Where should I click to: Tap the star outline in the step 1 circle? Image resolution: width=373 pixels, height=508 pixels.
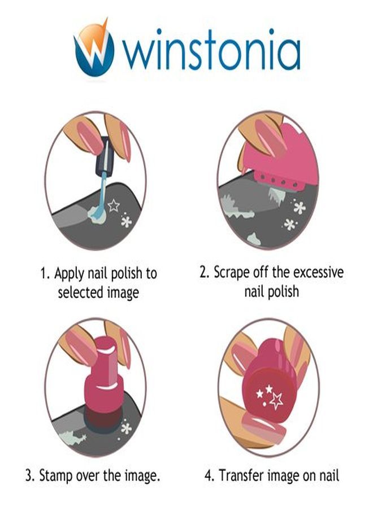point(114,205)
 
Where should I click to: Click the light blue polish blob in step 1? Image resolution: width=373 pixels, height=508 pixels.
point(97,214)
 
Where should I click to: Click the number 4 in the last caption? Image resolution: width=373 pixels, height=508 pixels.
point(208,476)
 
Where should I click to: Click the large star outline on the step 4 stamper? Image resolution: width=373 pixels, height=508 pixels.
point(276,400)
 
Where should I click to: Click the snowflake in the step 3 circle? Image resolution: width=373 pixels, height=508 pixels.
point(126,428)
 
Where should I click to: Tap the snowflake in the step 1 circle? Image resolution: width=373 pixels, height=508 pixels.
point(126,221)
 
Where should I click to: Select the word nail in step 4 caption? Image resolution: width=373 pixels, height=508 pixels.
point(329,475)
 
